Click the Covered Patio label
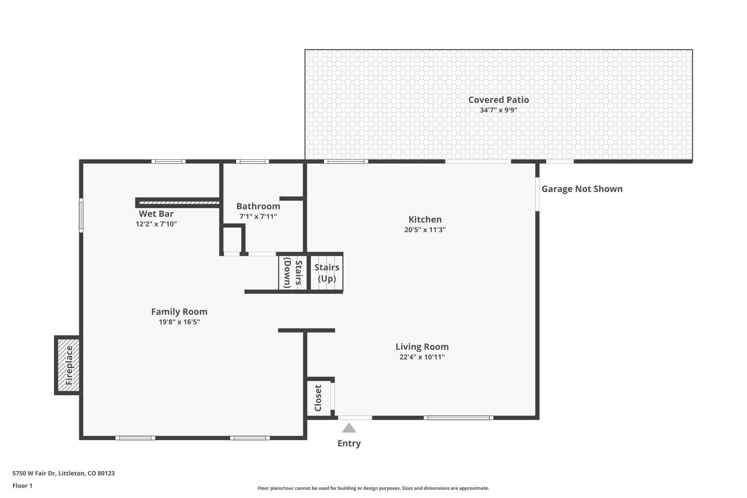click(x=498, y=100)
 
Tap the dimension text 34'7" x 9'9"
click(x=498, y=110)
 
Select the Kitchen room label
click(x=425, y=219)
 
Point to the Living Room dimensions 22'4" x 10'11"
click(x=422, y=357)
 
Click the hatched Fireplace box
click(x=68, y=365)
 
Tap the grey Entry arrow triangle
click(x=349, y=428)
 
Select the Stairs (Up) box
click(x=326, y=273)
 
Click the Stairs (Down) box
click(x=293, y=273)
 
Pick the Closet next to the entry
click(x=318, y=398)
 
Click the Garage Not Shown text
click(x=582, y=189)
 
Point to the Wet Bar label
click(x=156, y=214)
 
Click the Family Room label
click(x=179, y=312)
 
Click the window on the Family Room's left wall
click(x=81, y=215)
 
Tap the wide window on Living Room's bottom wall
click(x=458, y=418)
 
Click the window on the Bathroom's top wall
click(x=252, y=161)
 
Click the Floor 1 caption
click(x=22, y=486)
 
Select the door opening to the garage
click(x=537, y=194)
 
